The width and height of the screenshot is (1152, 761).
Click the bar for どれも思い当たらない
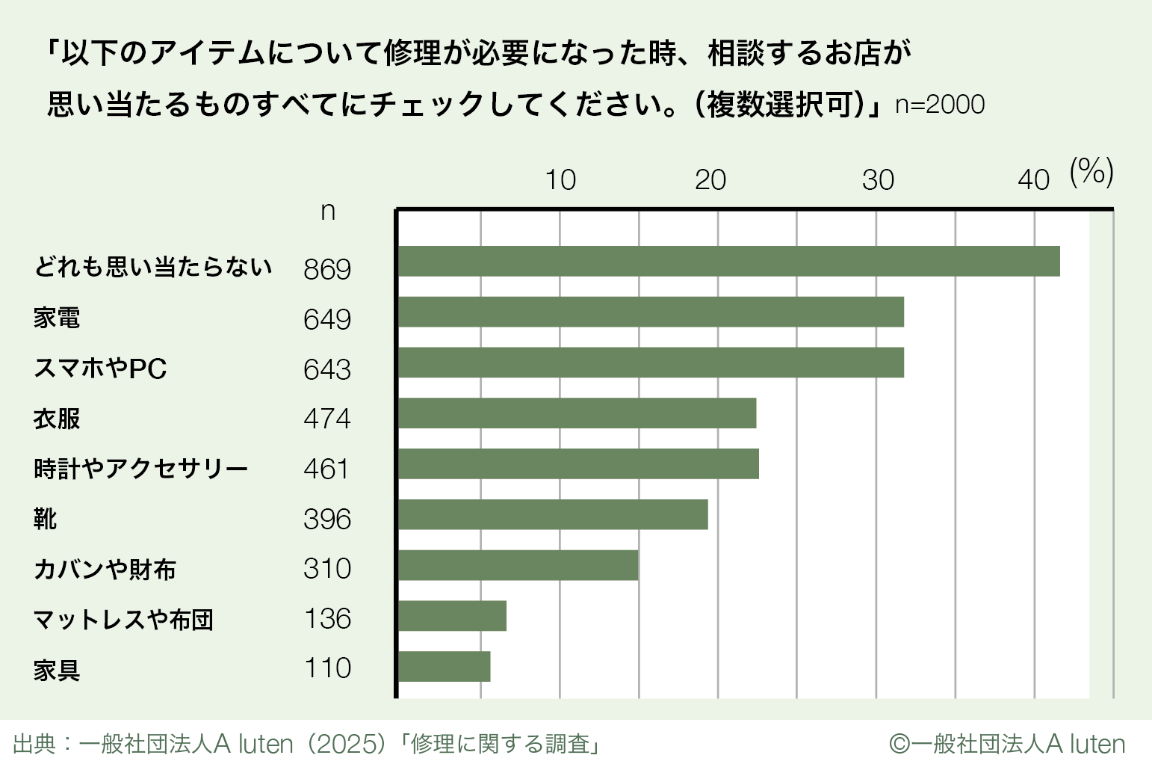point(728,261)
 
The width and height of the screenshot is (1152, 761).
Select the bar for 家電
point(651,312)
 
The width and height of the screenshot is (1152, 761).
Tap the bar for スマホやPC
point(651,362)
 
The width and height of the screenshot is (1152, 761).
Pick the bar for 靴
point(553,514)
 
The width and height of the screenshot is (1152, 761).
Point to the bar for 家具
point(444,666)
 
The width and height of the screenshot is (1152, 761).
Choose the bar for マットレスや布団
point(452,616)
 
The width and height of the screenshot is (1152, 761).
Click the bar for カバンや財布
point(518,565)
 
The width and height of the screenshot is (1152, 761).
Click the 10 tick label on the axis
point(560,180)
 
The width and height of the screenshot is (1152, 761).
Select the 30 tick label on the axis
point(878,180)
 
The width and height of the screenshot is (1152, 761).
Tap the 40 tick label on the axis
point(1034,180)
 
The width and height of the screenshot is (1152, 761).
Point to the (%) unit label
point(1091,172)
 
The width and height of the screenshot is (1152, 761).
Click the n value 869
point(327,269)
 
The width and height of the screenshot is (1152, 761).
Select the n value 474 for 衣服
point(327,419)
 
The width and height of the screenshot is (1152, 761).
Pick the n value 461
point(326,469)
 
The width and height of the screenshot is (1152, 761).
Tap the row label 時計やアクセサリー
point(140,469)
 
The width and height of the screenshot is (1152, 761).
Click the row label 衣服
point(57,419)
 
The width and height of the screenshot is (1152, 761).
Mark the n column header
point(327,212)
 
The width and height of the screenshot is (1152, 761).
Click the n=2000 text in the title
point(940,105)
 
